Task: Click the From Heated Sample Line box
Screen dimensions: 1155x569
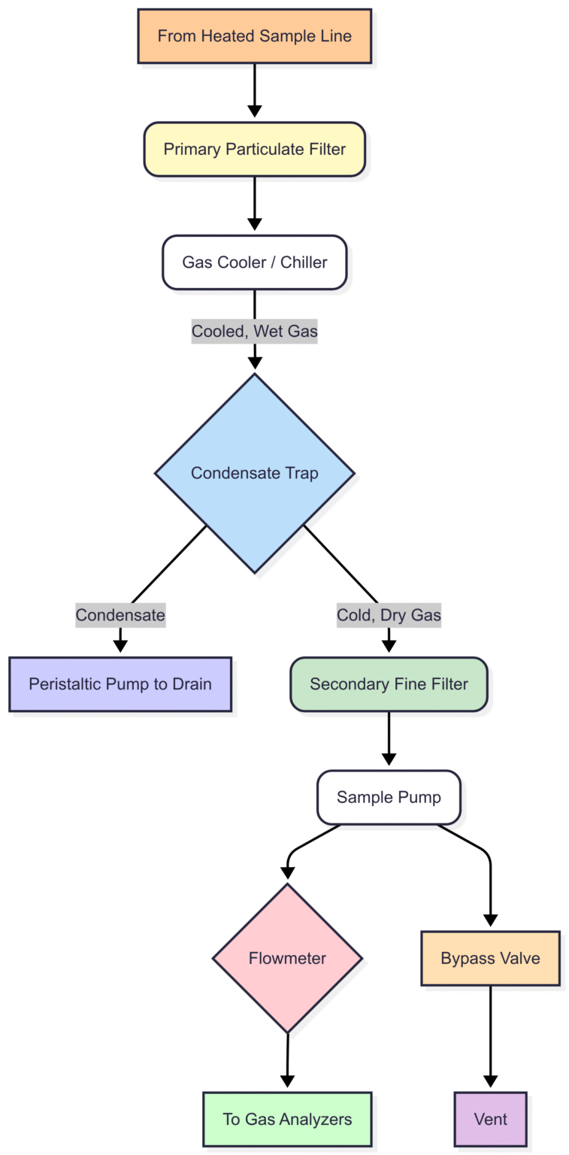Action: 254,36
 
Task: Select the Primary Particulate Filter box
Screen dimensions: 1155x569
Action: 254,149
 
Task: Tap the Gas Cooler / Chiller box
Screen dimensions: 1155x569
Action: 254,262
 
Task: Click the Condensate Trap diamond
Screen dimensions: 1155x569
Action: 254,473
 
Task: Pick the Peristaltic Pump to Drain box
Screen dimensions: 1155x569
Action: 120,684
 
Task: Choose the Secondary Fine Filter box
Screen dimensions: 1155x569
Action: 389,684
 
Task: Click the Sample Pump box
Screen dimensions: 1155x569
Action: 389,797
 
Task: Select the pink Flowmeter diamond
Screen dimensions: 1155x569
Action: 287,958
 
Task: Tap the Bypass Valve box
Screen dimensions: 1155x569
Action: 490,959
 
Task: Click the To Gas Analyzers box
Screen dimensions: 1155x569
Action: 287,1119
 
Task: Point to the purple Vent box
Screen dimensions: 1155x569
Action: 490,1119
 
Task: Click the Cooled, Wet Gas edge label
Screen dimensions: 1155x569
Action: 254,332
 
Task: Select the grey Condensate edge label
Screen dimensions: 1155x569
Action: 120,615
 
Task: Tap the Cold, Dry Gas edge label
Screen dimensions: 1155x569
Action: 389,615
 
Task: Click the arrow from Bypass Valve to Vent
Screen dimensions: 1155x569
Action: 490,1038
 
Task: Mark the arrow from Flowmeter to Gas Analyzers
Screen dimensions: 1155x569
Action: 287,1060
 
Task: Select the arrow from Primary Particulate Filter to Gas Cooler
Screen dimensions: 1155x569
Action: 254,203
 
